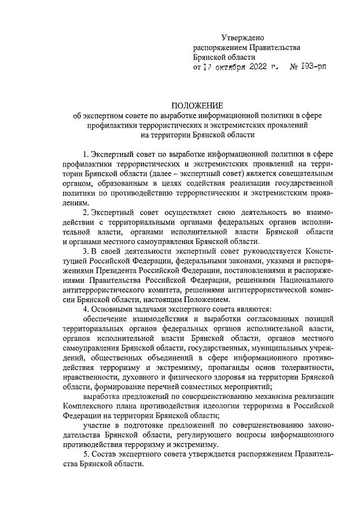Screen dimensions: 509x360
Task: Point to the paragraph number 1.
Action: click(x=85, y=154)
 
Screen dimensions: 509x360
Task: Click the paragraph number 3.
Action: click(x=85, y=250)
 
